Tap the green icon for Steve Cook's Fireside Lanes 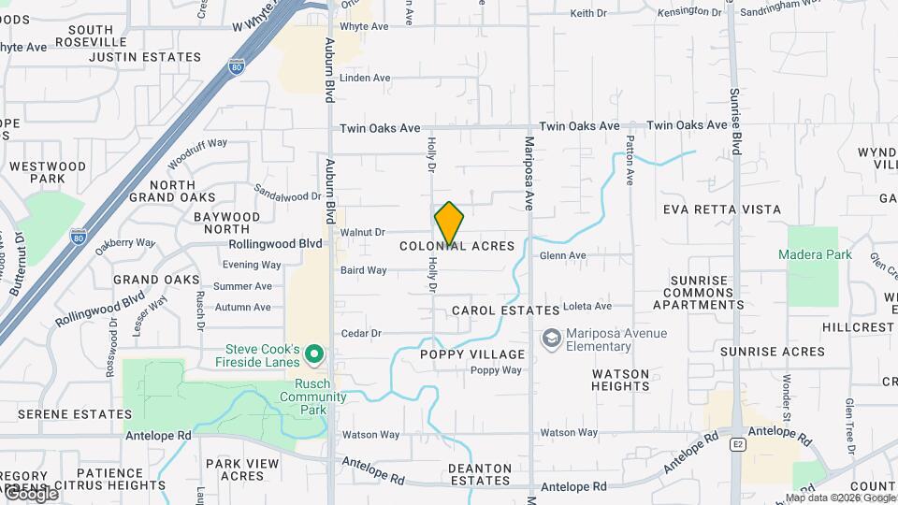coord(315,354)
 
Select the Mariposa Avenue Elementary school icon coord(552,338)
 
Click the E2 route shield coord(737,445)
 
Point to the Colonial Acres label coord(457,246)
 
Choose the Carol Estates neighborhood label coord(505,310)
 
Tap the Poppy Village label coord(472,354)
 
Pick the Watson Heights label coord(620,380)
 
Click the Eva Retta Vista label coord(722,209)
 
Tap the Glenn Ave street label coord(563,255)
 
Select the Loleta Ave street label coord(587,306)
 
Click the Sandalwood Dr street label coord(287,196)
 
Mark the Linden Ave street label coord(365,78)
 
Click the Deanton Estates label coord(480,475)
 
